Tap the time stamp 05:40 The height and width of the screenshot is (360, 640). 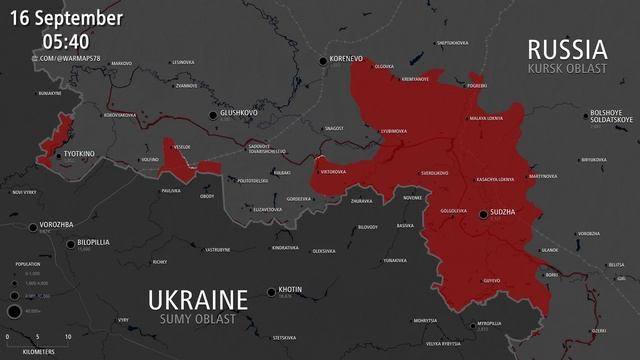point(66,42)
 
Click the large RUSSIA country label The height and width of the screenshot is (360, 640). point(567,50)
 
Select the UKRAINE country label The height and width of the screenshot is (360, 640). point(197,300)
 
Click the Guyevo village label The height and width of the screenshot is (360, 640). point(491,281)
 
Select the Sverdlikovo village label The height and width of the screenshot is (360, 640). point(434,173)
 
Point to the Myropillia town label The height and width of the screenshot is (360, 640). point(489,324)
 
